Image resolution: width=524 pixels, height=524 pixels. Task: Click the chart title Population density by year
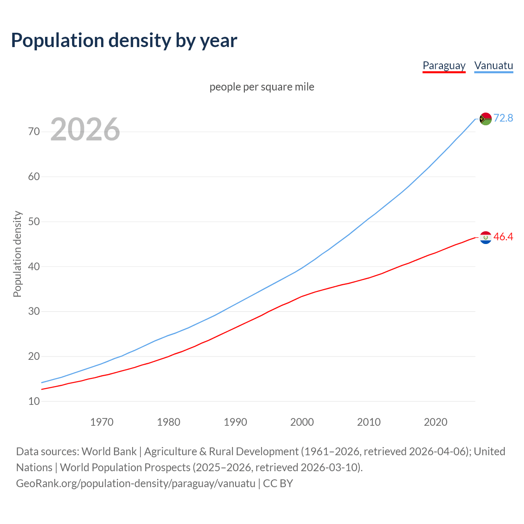tap(124, 40)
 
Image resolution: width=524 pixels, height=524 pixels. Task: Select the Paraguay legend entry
tap(444, 65)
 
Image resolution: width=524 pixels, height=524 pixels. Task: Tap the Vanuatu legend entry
tap(493, 65)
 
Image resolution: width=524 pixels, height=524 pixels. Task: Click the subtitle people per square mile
tap(262, 87)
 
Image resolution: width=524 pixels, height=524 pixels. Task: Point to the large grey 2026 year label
tap(85, 129)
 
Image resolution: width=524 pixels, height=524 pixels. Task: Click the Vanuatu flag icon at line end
tap(486, 119)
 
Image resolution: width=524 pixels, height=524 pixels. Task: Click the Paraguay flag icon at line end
tap(486, 237)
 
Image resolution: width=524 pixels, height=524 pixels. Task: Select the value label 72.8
tap(503, 118)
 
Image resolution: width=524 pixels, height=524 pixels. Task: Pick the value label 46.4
tap(503, 237)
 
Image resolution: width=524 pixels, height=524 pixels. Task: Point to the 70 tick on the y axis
tap(34, 131)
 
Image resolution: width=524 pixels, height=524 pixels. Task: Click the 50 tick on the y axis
tap(34, 221)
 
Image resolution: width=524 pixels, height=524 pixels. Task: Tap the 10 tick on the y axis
tap(34, 401)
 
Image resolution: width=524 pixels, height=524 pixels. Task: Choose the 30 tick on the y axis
tap(34, 311)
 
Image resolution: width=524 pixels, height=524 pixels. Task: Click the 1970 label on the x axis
tap(102, 422)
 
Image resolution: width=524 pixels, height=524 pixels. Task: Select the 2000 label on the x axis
tap(302, 422)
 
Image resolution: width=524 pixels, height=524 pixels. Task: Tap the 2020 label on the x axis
tap(435, 422)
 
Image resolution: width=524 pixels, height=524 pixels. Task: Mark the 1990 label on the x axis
tap(235, 422)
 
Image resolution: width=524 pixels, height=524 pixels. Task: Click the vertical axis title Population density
tap(17, 254)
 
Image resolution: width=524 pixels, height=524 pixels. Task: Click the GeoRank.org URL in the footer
tap(136, 483)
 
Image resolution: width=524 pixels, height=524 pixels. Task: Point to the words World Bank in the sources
tap(109, 452)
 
